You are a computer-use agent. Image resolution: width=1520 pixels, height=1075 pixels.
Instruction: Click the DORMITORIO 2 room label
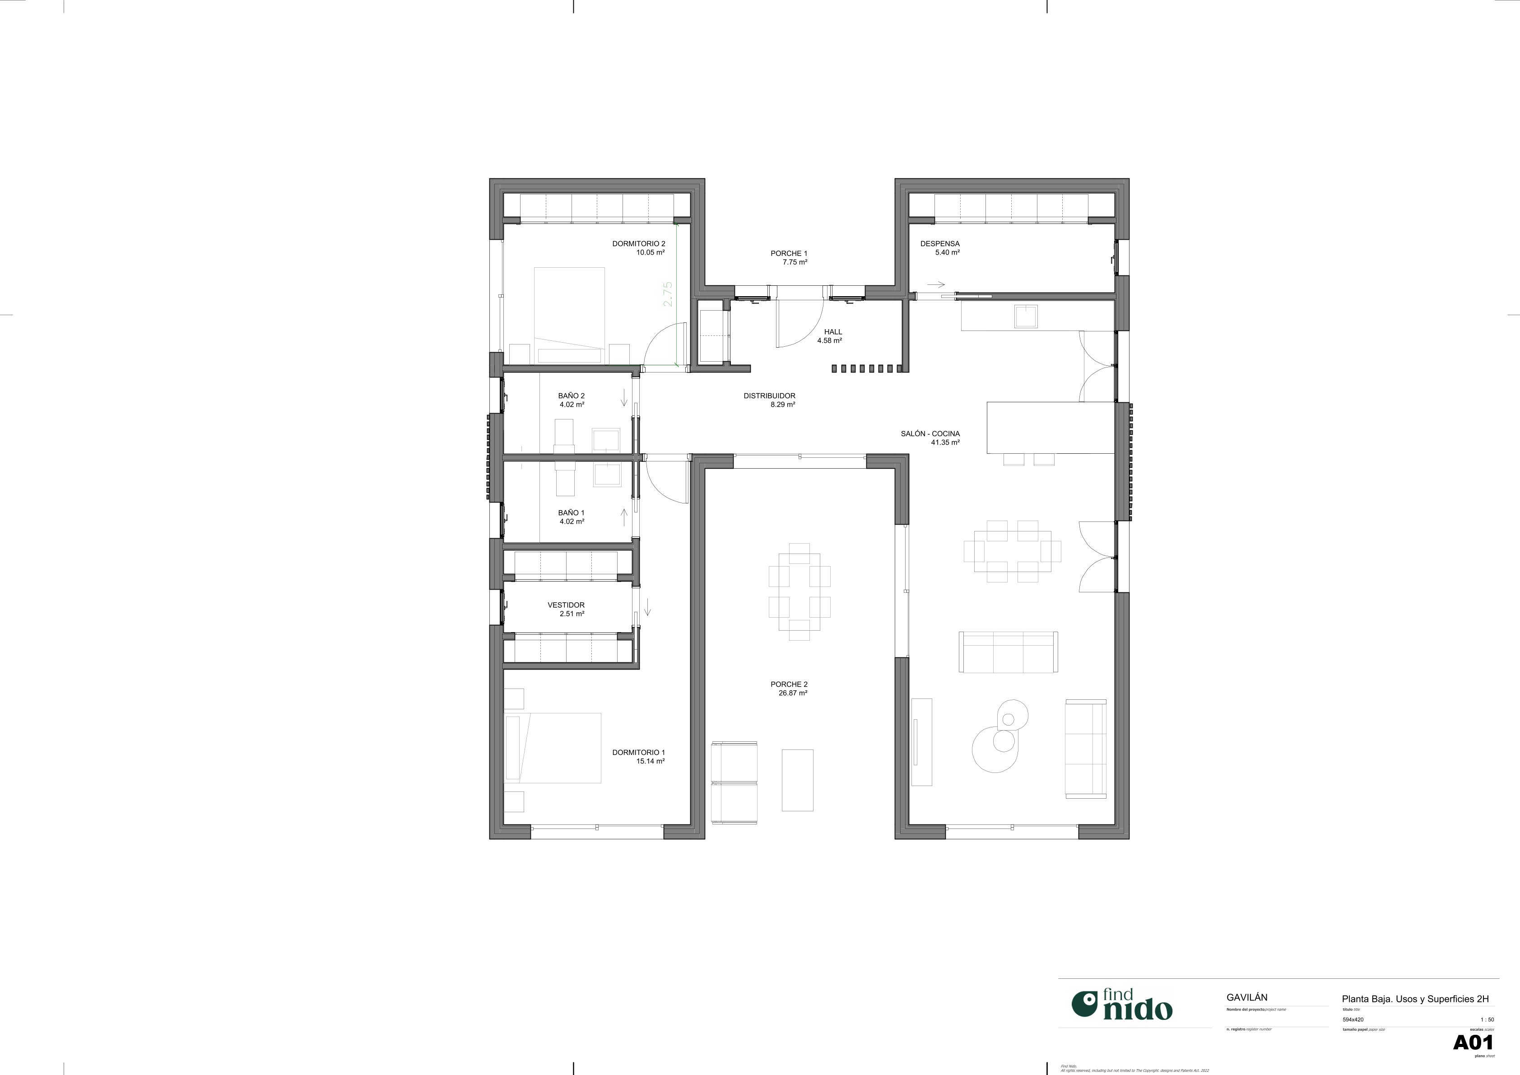(x=638, y=244)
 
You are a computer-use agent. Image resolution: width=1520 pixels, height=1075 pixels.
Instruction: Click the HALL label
(x=833, y=332)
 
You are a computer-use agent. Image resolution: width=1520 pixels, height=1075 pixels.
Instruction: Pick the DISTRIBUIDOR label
(x=769, y=396)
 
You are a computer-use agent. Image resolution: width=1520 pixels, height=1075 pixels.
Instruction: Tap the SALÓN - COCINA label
(x=930, y=433)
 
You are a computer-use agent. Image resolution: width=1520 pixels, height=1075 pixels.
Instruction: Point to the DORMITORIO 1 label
(x=638, y=752)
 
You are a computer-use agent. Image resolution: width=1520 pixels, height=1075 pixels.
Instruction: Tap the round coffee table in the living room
(x=995, y=748)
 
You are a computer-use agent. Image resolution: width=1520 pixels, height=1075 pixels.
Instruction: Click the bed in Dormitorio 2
(x=569, y=315)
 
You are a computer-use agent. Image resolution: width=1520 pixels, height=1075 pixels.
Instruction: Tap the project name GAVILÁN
(x=1246, y=997)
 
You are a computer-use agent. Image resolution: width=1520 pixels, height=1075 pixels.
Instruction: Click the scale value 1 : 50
(x=1487, y=1019)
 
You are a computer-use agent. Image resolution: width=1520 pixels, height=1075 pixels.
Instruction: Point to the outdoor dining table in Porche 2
(x=799, y=591)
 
